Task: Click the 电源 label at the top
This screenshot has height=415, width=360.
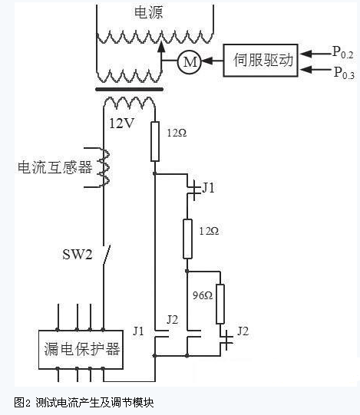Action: [148, 12]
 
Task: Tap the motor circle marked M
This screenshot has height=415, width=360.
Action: [190, 61]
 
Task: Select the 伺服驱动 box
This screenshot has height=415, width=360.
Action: [261, 61]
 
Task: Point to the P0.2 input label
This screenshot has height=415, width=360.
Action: [343, 52]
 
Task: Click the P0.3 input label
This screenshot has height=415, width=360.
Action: [344, 73]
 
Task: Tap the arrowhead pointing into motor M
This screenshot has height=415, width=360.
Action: [207, 61]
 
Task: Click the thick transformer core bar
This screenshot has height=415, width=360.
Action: [129, 90]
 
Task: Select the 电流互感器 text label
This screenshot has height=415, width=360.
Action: [55, 167]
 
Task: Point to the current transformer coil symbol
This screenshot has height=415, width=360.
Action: [104, 167]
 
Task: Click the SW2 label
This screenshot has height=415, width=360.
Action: [77, 255]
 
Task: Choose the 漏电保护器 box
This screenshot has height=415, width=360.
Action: [81, 349]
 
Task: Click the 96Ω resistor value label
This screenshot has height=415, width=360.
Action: [203, 295]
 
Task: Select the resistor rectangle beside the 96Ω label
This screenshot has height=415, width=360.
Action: [220, 304]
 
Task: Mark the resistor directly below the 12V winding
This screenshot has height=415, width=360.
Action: [155, 141]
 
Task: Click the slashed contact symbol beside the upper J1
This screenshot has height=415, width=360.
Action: [194, 190]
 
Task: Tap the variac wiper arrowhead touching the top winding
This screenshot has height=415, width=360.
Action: [160, 46]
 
